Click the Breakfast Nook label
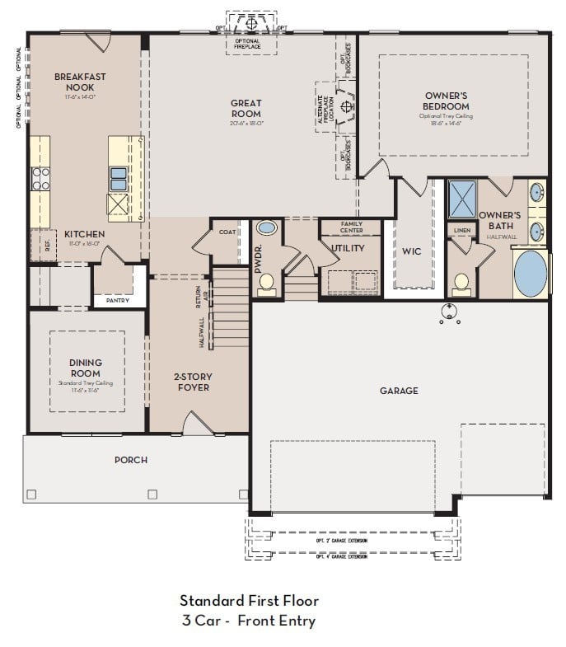(x=80, y=82)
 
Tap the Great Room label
(x=246, y=109)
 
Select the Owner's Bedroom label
(x=446, y=101)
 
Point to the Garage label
(x=398, y=391)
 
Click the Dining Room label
(x=86, y=368)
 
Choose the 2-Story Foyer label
(x=194, y=382)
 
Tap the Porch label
(x=131, y=460)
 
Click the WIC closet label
(x=412, y=251)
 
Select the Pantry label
(x=117, y=301)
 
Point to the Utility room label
(x=348, y=248)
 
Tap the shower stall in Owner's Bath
(x=461, y=198)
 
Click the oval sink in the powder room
(x=267, y=227)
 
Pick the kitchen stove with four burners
(x=40, y=178)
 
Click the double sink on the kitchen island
(x=119, y=177)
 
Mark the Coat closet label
(x=227, y=232)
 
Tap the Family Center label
(x=351, y=227)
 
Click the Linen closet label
(x=461, y=230)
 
